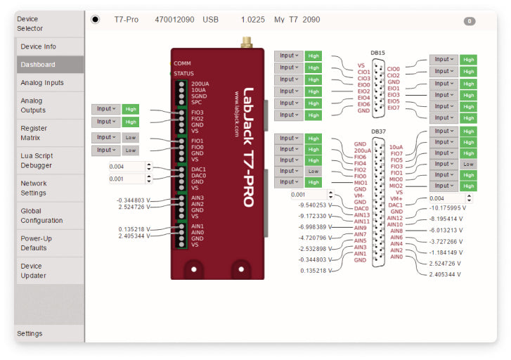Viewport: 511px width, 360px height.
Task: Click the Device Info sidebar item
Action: (x=39, y=46)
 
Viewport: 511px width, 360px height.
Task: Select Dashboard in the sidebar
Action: (x=38, y=65)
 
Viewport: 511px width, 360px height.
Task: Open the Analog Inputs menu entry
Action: (x=42, y=82)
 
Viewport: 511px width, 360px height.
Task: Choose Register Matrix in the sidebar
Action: (x=34, y=133)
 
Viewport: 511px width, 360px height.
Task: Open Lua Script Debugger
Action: (x=37, y=160)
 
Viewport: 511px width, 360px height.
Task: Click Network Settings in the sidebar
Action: (x=34, y=188)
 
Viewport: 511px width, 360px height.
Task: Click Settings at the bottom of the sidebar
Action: (x=30, y=333)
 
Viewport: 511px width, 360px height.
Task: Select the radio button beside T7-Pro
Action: (x=96, y=20)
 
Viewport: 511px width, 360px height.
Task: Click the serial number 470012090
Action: (x=174, y=20)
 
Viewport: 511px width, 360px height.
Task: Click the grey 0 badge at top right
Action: (x=470, y=21)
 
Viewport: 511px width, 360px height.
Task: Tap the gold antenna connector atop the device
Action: (x=247, y=41)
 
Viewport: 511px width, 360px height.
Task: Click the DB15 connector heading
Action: (x=378, y=53)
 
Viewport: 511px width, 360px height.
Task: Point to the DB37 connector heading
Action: (x=378, y=131)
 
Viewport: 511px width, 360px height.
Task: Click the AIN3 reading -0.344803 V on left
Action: (x=134, y=200)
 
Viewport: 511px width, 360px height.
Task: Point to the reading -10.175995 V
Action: (x=445, y=208)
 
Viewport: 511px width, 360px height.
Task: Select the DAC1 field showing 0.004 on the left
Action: (x=127, y=167)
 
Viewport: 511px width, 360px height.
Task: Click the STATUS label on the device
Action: (x=183, y=73)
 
